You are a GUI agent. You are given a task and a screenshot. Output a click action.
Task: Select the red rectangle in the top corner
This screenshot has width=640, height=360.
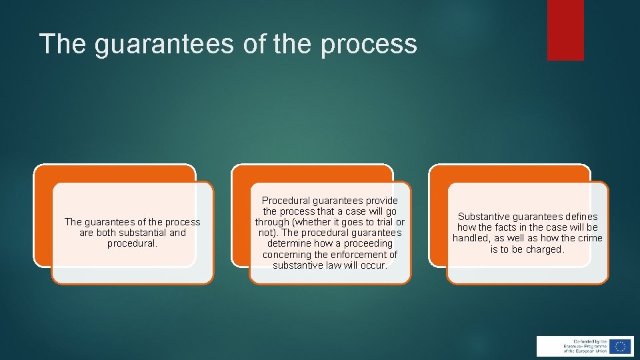point(565,30)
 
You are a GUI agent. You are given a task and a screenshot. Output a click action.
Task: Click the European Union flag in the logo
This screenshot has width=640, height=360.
point(621,346)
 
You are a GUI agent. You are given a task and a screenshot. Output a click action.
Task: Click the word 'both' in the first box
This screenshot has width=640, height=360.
point(104,233)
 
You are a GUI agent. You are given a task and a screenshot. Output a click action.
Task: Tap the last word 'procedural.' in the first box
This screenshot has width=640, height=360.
point(132,243)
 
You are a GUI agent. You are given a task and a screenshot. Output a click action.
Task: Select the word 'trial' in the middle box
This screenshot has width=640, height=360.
point(379,222)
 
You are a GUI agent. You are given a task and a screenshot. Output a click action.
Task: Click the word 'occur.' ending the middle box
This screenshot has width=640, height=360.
point(373,265)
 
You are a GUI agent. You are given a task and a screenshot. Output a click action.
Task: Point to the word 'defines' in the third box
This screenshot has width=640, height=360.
point(581,217)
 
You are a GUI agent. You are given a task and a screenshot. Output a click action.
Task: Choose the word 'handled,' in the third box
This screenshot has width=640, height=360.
point(472,238)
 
